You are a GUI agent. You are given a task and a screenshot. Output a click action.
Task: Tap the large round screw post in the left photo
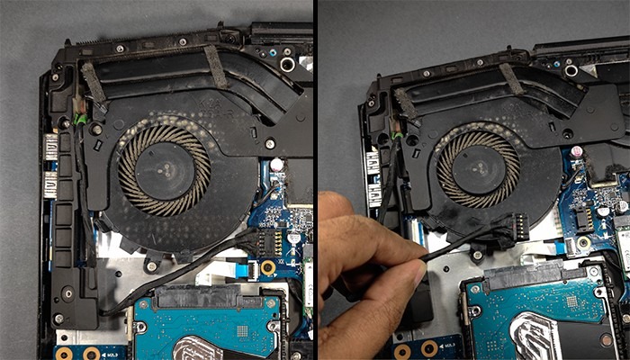point(287,65)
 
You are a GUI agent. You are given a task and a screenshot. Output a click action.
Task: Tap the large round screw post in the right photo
point(571,69)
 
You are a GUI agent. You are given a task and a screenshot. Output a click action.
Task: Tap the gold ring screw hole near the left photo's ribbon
point(267,268)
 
